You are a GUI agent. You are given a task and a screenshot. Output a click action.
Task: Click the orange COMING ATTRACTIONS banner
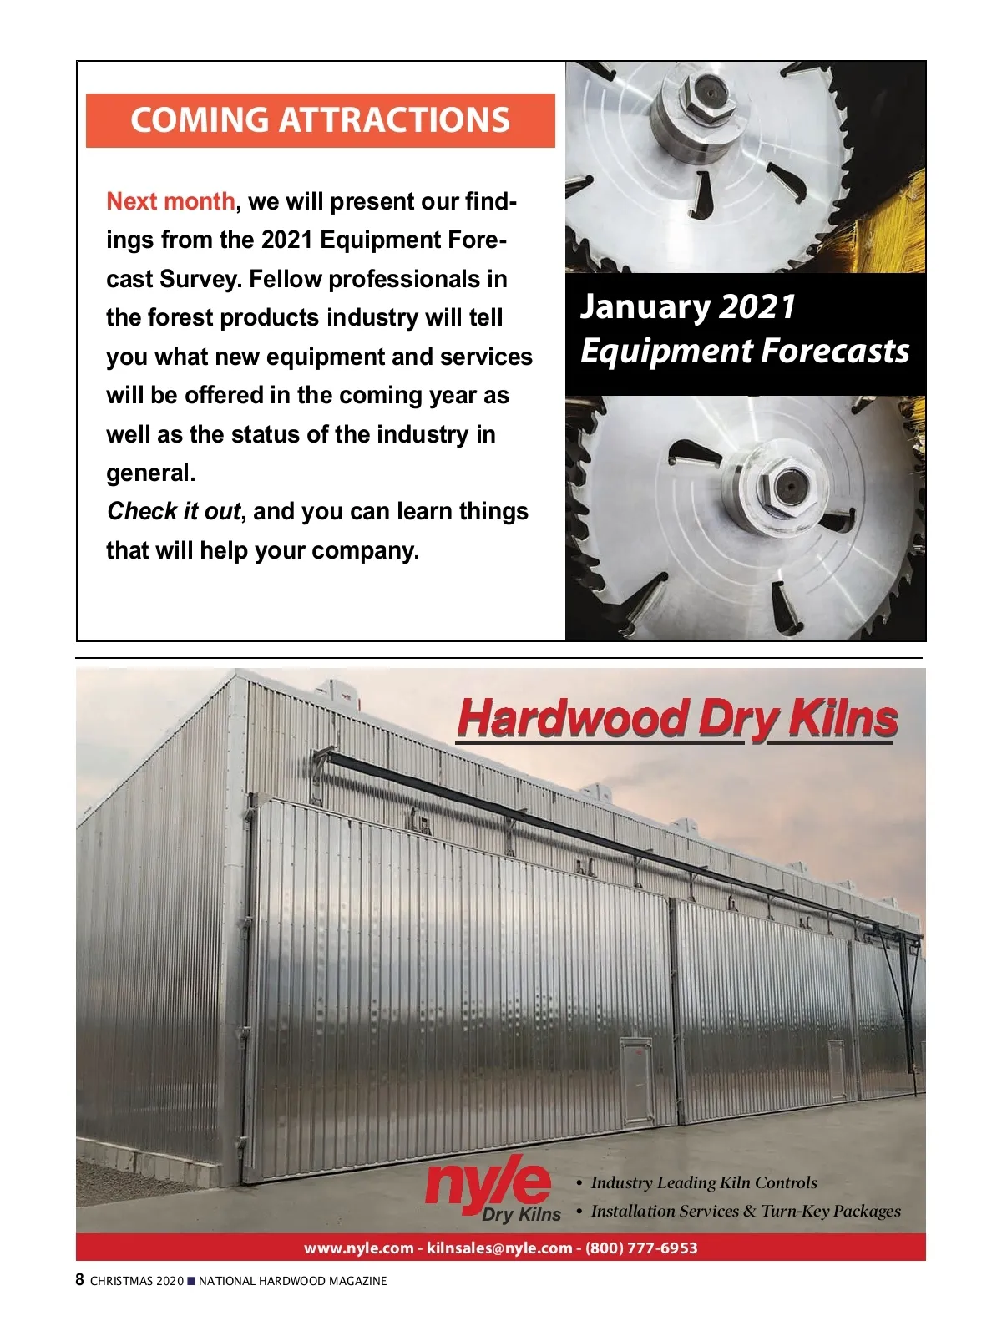coord(321,120)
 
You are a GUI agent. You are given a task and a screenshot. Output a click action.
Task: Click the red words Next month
coord(171,201)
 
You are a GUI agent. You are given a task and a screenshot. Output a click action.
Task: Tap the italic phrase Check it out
coord(174,511)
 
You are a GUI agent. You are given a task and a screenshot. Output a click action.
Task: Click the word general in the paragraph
coord(150,473)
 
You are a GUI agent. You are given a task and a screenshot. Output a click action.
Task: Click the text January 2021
coord(687,306)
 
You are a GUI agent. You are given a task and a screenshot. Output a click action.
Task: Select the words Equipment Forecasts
coord(744,351)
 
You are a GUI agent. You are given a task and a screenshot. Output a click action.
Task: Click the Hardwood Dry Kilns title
coord(677,719)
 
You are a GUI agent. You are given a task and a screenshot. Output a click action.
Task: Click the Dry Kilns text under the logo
coord(521,1214)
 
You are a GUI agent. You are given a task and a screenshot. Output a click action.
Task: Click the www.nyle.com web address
coord(358,1248)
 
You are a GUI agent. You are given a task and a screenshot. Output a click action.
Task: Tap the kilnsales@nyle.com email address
coord(499,1248)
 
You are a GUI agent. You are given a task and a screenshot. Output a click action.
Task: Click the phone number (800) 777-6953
coord(641,1248)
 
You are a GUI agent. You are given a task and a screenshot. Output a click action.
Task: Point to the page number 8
coord(80,1280)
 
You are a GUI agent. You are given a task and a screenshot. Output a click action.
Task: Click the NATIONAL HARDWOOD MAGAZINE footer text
coord(292,1281)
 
